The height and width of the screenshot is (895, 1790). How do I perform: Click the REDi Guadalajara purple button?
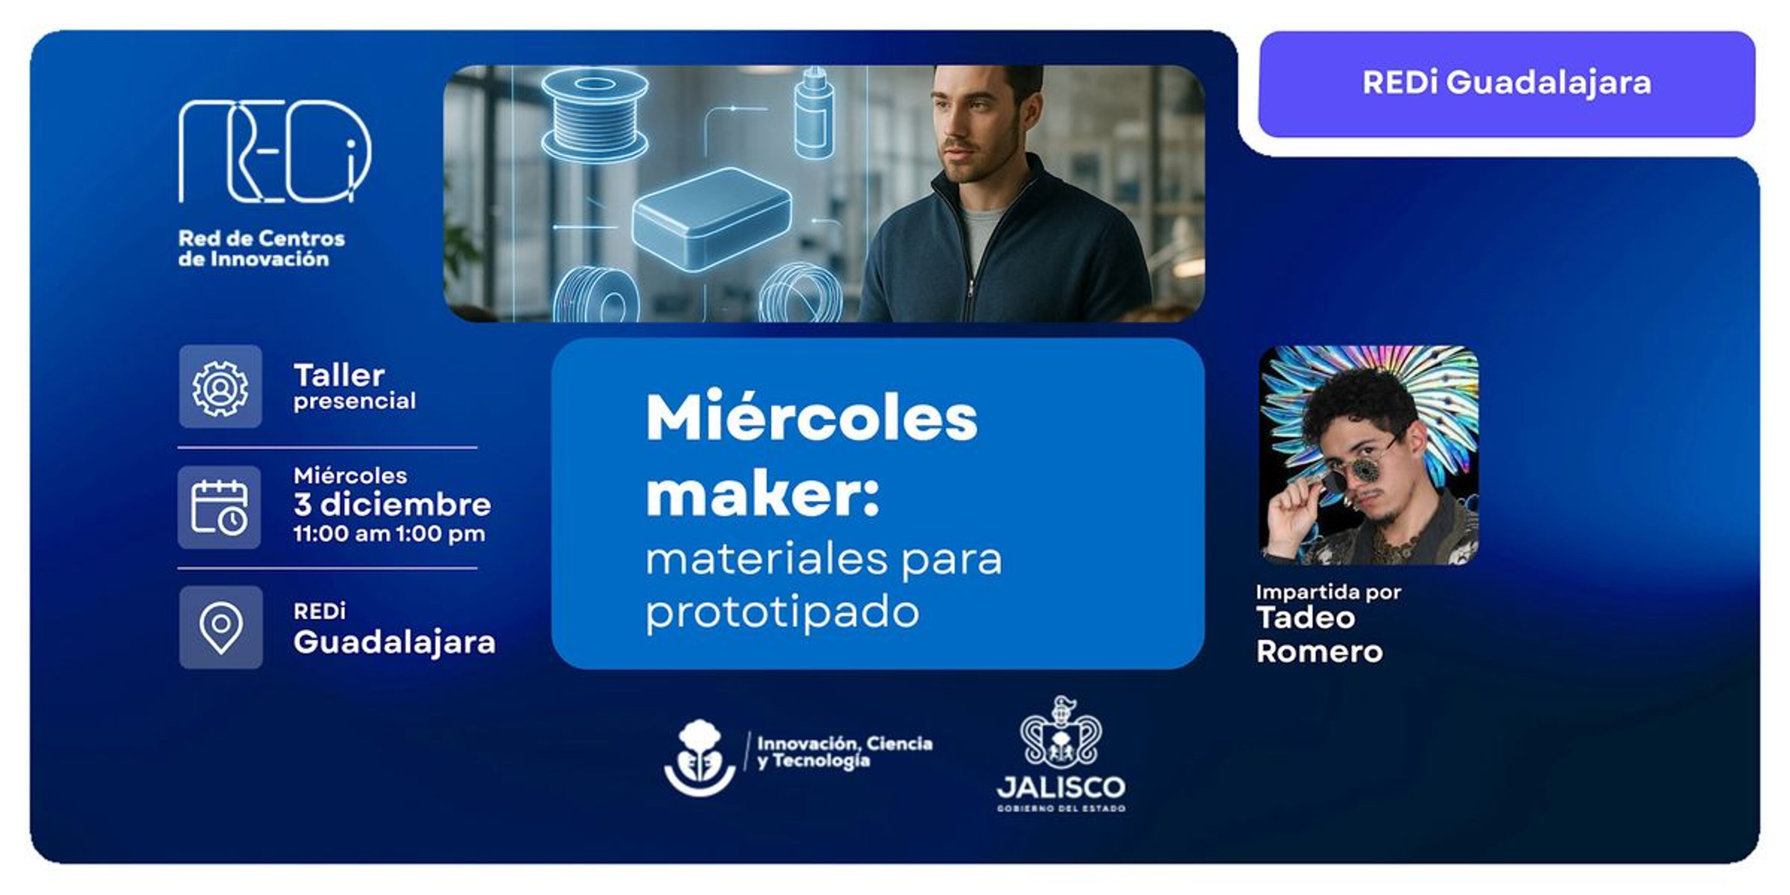pyautogui.click(x=1507, y=83)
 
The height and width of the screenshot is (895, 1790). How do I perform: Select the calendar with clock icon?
pyautogui.click(x=220, y=507)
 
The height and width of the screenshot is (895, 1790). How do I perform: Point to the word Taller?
pyautogui.click(x=339, y=375)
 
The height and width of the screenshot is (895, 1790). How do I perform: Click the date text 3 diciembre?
pyautogui.click(x=392, y=504)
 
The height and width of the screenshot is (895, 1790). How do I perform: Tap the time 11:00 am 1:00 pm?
pyautogui.click(x=389, y=534)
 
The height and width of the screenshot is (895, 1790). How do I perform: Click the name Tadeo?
pyautogui.click(x=1306, y=618)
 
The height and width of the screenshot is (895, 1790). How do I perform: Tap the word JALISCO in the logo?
pyautogui.click(x=1061, y=788)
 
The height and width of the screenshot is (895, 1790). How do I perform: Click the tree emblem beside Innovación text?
pyautogui.click(x=700, y=758)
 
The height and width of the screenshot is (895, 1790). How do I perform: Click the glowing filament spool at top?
pyautogui.click(x=594, y=115)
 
